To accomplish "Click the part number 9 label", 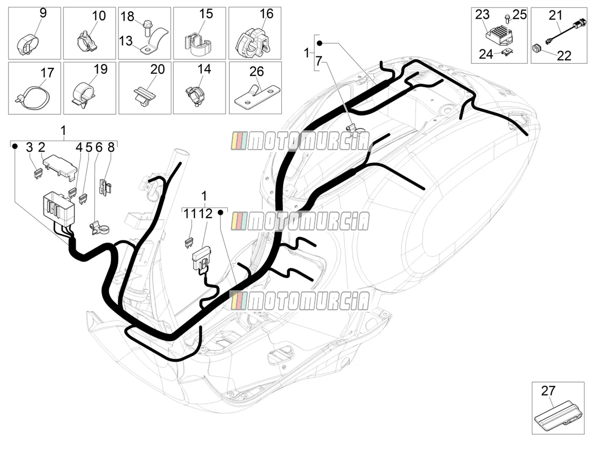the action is click(43, 13).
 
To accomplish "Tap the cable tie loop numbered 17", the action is click(33, 97).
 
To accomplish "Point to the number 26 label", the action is click(256, 71).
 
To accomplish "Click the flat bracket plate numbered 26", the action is click(257, 96).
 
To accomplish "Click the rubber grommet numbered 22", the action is click(537, 48).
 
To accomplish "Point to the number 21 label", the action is click(556, 15).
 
